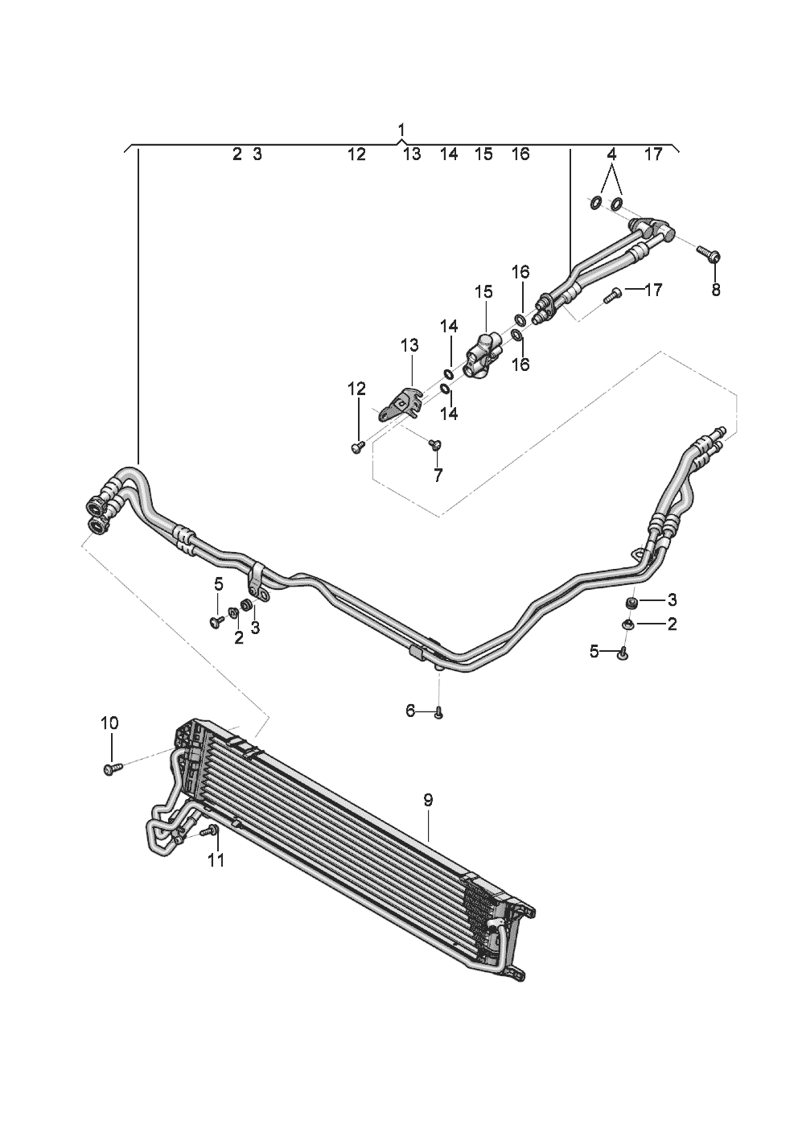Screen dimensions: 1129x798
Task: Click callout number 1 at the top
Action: pyautogui.click(x=401, y=130)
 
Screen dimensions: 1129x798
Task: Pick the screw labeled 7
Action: pyautogui.click(x=436, y=443)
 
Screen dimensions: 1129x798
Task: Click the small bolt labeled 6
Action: pyautogui.click(x=438, y=712)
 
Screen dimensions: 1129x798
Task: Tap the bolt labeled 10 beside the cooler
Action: pyautogui.click(x=110, y=769)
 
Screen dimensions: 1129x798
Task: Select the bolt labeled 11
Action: pyautogui.click(x=212, y=830)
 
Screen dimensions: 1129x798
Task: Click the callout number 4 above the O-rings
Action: pyautogui.click(x=611, y=154)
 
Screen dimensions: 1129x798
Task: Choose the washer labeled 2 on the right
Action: pyautogui.click(x=627, y=624)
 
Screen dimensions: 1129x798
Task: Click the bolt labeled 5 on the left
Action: pyautogui.click(x=216, y=621)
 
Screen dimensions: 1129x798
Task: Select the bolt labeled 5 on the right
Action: pyautogui.click(x=623, y=654)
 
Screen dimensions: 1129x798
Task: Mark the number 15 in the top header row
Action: pyautogui.click(x=483, y=154)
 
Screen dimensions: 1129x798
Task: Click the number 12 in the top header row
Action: pyautogui.click(x=356, y=154)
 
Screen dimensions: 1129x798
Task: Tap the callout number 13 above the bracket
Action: pyautogui.click(x=409, y=346)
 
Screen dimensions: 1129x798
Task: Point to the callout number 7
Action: pyautogui.click(x=438, y=476)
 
